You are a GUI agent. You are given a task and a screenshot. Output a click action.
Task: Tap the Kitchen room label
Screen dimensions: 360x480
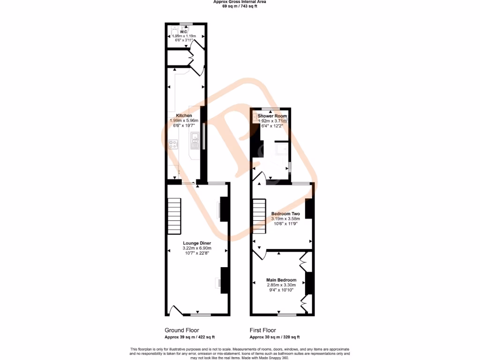[x=184, y=115]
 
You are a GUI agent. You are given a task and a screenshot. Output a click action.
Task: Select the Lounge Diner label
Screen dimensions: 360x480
[x=197, y=243]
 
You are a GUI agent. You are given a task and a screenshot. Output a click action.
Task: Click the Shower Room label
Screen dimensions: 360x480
[x=272, y=116]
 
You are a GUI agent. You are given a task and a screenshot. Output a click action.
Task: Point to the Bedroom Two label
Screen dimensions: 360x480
[x=285, y=214]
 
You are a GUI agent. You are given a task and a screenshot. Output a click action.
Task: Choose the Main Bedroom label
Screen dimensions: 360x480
[x=281, y=280]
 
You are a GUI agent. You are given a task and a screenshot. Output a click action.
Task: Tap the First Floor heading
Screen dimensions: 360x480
[x=263, y=330]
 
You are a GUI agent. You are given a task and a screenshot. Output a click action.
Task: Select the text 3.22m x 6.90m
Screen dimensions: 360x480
[x=197, y=248]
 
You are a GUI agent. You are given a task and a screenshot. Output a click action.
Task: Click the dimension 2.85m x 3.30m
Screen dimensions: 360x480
[x=281, y=285]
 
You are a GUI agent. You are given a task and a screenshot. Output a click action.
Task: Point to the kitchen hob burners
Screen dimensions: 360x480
[x=173, y=144]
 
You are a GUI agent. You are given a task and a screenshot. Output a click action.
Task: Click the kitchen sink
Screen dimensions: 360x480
[x=195, y=138]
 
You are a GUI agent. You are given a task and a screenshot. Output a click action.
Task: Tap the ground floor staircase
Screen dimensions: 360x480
[x=174, y=216]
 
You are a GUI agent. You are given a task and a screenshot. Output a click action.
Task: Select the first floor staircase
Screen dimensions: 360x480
[x=259, y=217]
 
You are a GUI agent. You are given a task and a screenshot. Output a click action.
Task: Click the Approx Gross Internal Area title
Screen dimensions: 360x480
[x=240, y=2]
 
